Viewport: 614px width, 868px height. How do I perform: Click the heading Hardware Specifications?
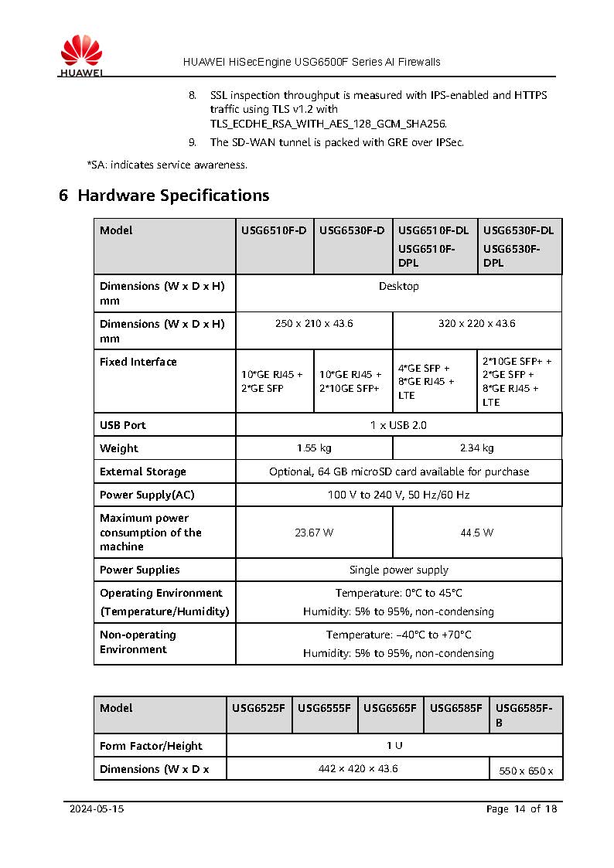[x=164, y=196]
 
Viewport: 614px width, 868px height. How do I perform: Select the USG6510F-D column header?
[x=275, y=230]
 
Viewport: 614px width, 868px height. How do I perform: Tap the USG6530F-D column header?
[x=352, y=230]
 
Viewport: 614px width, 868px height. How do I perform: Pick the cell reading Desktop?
[x=398, y=287]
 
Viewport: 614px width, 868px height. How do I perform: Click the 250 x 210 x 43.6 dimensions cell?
[x=314, y=324]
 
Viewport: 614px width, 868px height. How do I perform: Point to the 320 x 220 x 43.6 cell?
[x=476, y=324]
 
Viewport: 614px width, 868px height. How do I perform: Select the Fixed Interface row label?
[x=138, y=362]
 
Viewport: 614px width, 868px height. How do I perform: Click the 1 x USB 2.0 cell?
[x=398, y=425]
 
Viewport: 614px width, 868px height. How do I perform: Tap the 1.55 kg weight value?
[x=314, y=448]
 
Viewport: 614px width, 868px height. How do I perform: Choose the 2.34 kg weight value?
[x=476, y=448]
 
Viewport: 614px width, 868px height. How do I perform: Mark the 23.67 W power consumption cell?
[x=314, y=533]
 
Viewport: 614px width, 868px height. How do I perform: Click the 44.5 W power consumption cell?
[x=476, y=533]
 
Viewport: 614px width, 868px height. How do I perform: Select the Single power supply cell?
[x=398, y=570]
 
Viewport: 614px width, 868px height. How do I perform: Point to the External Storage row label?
[x=143, y=471]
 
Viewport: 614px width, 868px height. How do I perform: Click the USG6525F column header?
[x=258, y=708]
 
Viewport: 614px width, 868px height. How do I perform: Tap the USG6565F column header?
[x=390, y=708]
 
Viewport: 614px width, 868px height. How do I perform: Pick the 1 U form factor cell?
[x=394, y=746]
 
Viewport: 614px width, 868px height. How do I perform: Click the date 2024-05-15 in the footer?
[x=97, y=809]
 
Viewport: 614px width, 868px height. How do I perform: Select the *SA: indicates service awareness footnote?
[x=167, y=165]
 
